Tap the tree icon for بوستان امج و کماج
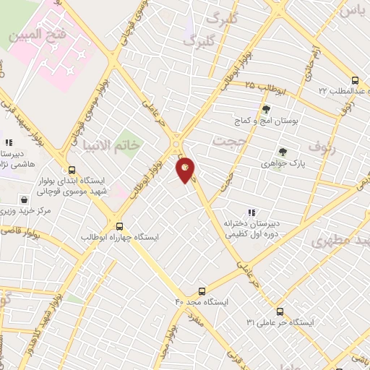point(267,110)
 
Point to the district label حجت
point(231,140)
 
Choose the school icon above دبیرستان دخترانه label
point(251,212)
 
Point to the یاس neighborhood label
point(352,12)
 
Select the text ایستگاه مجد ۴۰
point(202,301)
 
